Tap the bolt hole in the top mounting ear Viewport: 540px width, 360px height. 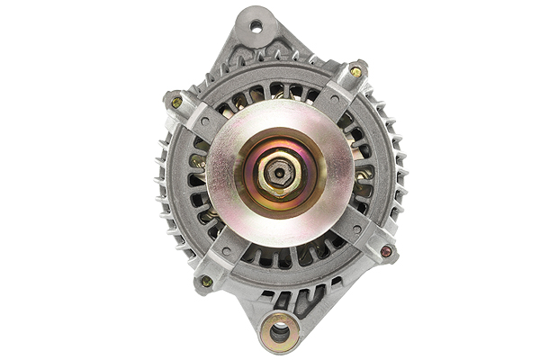pos(256,26)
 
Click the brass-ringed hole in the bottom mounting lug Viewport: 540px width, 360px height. pos(280,332)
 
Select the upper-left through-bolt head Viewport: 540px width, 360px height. pos(176,102)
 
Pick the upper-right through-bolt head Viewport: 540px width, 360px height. pos(355,71)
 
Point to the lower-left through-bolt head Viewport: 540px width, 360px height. pos(206,281)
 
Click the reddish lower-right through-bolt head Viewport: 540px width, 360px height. pos(387,251)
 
